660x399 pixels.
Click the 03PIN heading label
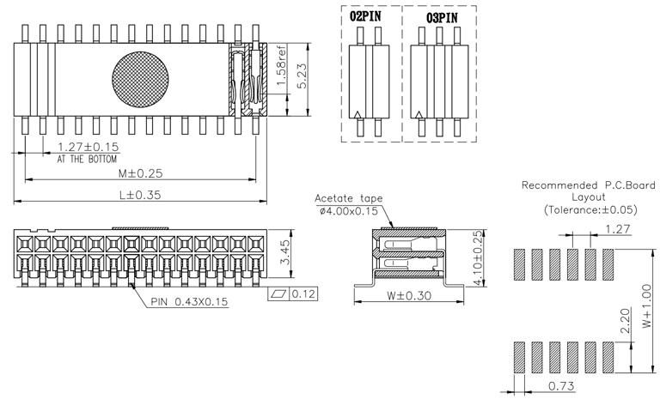click(443, 17)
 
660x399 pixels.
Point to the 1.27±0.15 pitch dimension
click(88, 147)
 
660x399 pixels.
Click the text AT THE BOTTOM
click(88, 160)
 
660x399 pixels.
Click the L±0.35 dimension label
click(139, 195)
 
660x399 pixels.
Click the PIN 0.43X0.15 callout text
click(189, 301)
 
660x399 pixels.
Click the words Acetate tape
click(349, 197)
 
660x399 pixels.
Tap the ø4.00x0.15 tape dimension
click(348, 210)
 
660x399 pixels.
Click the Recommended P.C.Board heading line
click(589, 185)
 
